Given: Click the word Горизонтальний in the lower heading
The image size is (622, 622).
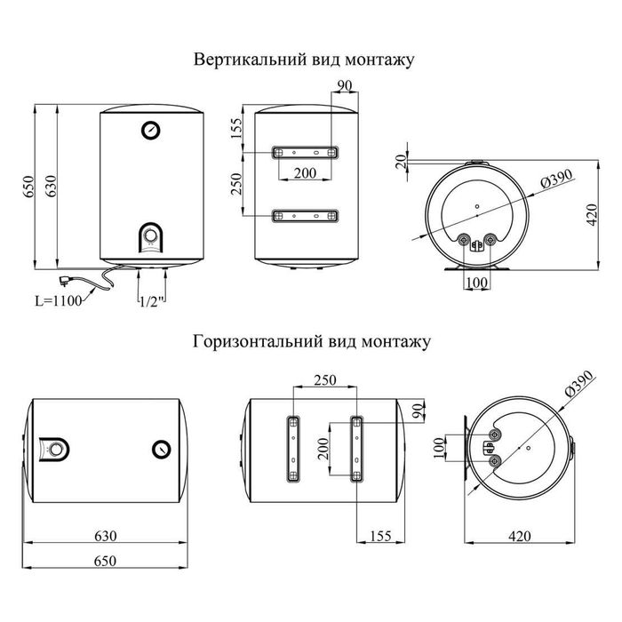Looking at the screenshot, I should point(245,341).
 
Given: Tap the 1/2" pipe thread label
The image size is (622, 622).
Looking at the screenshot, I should point(149,301).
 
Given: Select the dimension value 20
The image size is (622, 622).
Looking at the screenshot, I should point(402,160).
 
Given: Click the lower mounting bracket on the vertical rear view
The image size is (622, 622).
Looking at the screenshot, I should point(305,215).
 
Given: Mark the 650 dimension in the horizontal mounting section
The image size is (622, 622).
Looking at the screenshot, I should point(107,562).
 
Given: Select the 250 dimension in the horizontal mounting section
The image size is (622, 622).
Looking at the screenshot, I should point(324,380).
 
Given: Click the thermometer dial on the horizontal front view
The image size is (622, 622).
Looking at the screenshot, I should point(162,449).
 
